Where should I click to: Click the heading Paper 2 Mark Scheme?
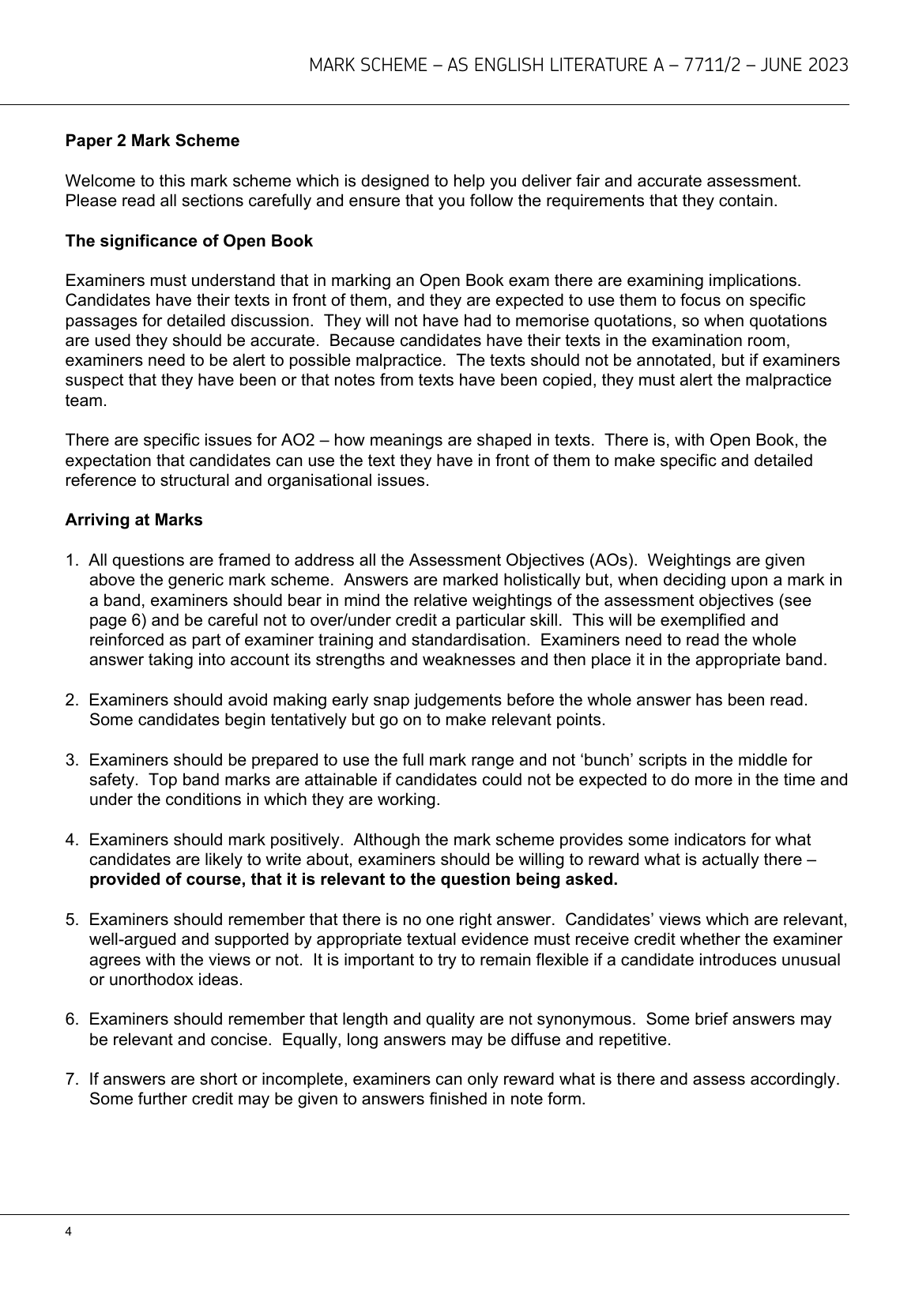click(x=152, y=141)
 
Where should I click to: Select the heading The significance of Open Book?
click(x=189, y=241)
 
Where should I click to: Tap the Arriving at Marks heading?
click(x=134, y=520)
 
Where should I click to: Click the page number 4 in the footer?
click(x=69, y=1232)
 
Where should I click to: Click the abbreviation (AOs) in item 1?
click(x=612, y=560)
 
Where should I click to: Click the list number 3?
click(x=71, y=760)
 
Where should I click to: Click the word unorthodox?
click(x=148, y=980)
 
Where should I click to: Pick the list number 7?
click(x=71, y=1079)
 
